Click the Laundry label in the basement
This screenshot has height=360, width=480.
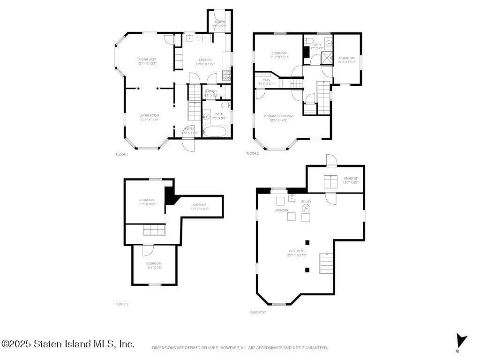click(281, 210)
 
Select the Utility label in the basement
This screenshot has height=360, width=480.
click(306, 202)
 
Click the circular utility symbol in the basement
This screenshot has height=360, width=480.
click(306, 208)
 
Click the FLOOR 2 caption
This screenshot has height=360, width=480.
click(252, 153)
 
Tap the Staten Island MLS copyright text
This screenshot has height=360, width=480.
click(68, 344)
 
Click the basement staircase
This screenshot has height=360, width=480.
click(327, 263)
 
